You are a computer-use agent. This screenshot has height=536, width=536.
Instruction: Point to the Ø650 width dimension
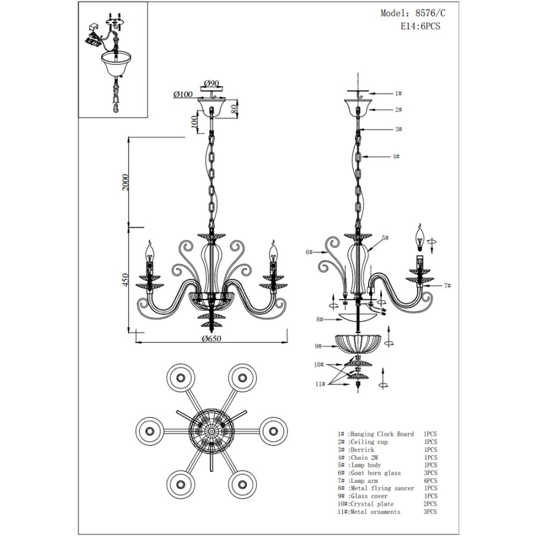click(x=211, y=338)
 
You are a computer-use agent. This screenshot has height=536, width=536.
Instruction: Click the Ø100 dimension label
click(x=183, y=95)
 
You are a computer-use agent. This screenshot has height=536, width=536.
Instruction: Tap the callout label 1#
click(x=398, y=94)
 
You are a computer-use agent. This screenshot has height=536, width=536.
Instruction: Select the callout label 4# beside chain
click(x=395, y=157)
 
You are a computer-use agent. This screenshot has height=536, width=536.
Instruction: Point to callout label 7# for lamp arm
click(x=447, y=286)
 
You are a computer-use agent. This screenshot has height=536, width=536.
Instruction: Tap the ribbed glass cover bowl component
click(x=357, y=343)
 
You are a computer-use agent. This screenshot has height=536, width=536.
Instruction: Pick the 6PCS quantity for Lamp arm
click(x=430, y=481)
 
